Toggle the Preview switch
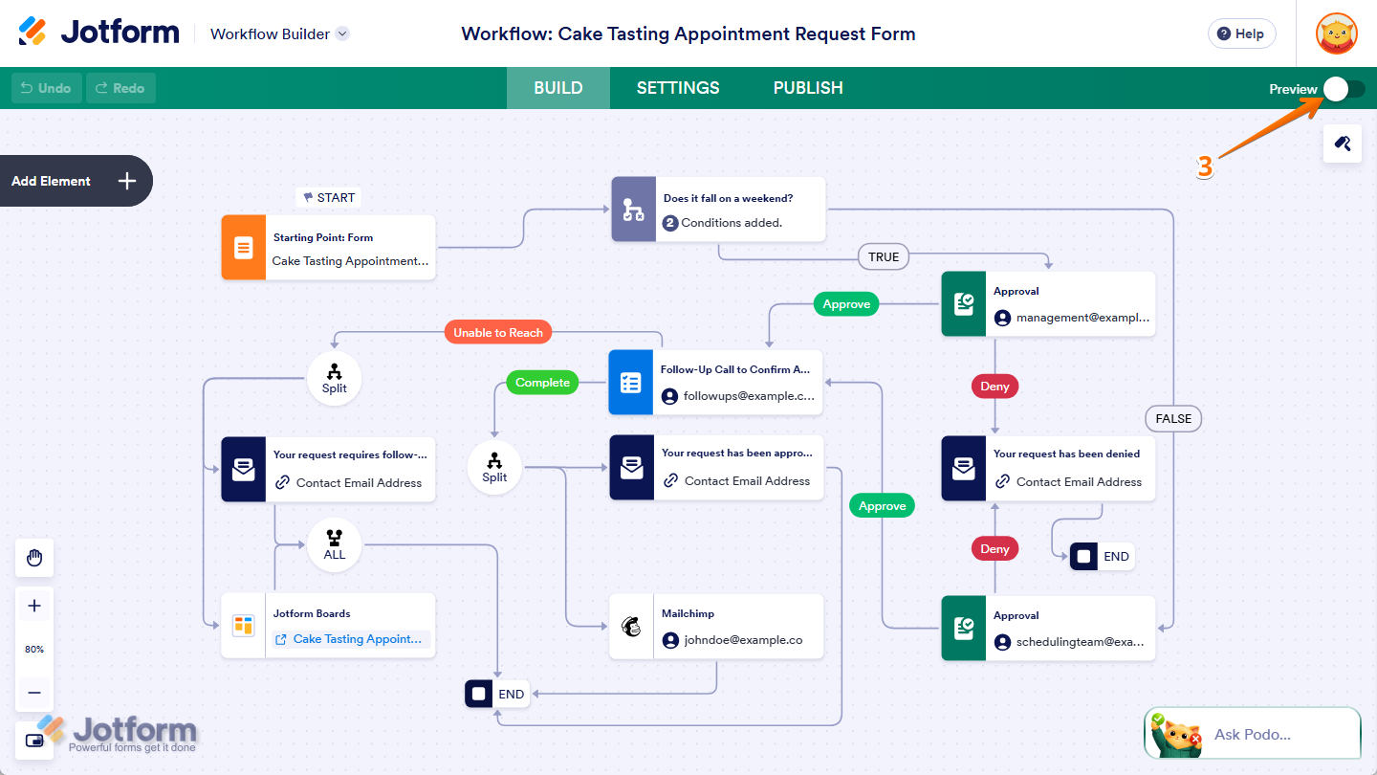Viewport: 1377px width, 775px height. tap(1344, 89)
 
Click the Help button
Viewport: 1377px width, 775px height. tap(1241, 33)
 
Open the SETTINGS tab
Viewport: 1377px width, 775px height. tap(678, 88)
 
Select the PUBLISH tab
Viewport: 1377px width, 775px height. tap(808, 88)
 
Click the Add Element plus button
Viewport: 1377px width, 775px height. tap(127, 181)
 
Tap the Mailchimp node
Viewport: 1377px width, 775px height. tap(716, 627)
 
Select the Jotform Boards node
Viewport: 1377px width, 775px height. tap(328, 626)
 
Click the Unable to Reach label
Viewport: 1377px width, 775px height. tap(497, 333)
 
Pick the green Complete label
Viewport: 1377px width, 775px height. tap(542, 383)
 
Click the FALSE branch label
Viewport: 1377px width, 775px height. tap(1173, 418)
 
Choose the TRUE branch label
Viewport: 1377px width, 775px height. tap(884, 256)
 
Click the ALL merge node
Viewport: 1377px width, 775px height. tap(334, 546)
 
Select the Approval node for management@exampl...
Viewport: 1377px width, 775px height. tap(1048, 304)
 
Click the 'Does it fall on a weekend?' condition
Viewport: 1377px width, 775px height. tap(718, 210)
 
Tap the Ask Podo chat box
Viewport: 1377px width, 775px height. tap(1252, 734)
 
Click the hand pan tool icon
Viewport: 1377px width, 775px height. tap(34, 558)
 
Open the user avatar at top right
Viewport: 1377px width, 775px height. tap(1336, 33)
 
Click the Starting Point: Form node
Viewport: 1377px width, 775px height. tap(328, 248)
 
